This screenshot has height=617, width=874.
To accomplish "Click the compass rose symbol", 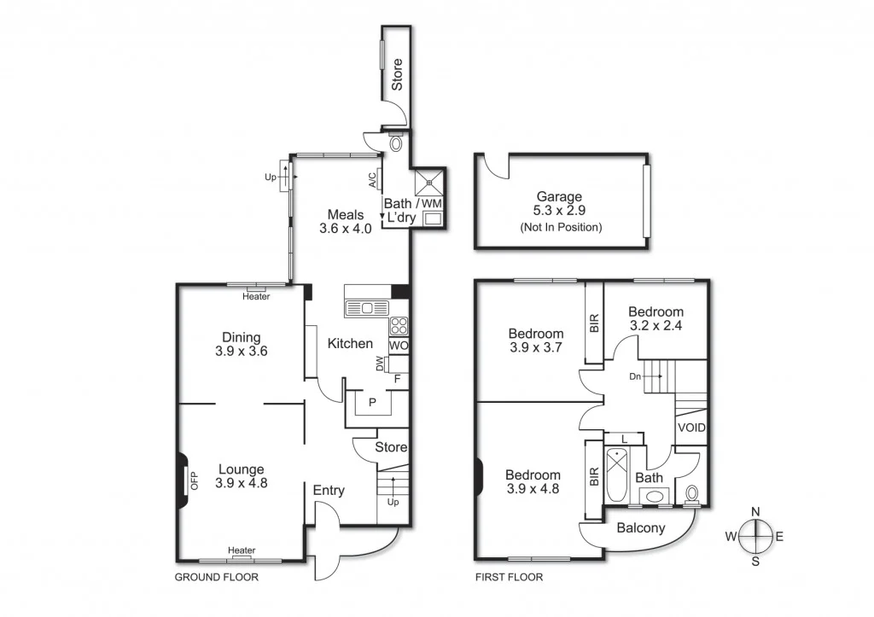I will click(x=755, y=536).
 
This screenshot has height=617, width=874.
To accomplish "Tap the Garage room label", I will click(x=559, y=196).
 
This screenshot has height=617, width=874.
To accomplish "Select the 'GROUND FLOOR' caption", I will click(x=216, y=578).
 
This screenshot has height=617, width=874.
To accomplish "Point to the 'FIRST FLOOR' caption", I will click(x=509, y=578).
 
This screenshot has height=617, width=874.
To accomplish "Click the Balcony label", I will click(x=640, y=528).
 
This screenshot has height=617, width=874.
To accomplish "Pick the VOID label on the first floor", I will click(x=691, y=427).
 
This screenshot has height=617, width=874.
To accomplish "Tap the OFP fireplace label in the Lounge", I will click(x=194, y=482).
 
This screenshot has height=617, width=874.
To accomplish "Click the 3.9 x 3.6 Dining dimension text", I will click(x=241, y=351).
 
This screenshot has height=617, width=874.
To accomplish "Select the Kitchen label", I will click(x=350, y=343).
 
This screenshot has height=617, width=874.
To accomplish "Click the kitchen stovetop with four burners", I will click(x=399, y=325).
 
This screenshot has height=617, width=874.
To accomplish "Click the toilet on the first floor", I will click(x=692, y=494).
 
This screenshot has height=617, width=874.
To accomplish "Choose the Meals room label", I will click(x=346, y=214).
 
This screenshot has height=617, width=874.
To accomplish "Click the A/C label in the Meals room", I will click(x=372, y=180).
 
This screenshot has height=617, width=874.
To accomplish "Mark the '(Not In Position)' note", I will click(x=560, y=227).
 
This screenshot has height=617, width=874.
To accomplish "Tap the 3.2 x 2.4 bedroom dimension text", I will click(x=656, y=325).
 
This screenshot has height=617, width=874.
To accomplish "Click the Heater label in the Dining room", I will click(x=256, y=296).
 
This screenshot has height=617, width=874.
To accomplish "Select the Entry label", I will click(x=329, y=490).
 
